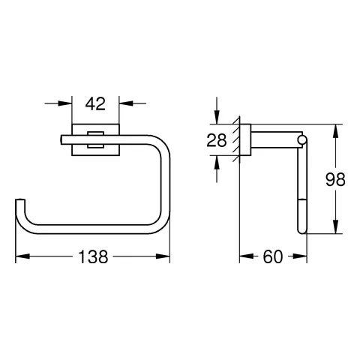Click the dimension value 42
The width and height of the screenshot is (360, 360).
[x=95, y=104]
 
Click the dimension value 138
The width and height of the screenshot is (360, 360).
[x=93, y=256]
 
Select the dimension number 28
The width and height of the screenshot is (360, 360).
[x=217, y=140]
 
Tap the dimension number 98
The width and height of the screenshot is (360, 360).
[x=335, y=179]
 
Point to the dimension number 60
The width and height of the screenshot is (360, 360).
[x=273, y=256]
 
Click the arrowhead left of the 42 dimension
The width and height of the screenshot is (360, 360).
[x=64, y=103]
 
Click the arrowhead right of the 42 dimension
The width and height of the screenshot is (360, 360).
[x=126, y=103]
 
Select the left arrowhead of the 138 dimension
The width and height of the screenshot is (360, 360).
[x=22, y=256]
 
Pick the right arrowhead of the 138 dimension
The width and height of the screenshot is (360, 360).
[x=163, y=256]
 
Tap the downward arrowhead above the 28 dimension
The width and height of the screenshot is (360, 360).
[x=217, y=117]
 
